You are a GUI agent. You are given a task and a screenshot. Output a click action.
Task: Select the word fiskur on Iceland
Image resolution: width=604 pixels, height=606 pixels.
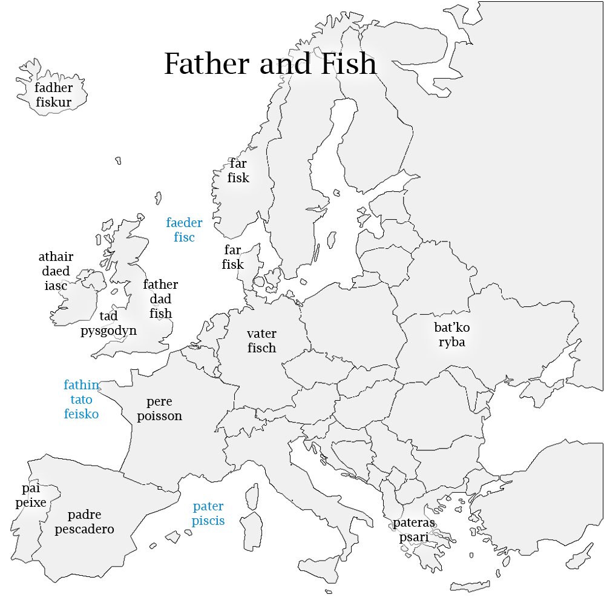click(53, 102)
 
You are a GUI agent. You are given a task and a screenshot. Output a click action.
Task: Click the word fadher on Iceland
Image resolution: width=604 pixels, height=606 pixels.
click(53, 88)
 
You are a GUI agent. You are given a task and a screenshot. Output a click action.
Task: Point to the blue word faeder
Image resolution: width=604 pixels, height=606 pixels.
click(184, 223)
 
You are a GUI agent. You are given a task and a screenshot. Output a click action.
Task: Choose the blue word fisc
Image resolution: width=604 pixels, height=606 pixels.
click(184, 237)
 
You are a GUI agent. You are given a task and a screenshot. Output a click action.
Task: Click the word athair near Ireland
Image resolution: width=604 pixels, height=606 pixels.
click(56, 257)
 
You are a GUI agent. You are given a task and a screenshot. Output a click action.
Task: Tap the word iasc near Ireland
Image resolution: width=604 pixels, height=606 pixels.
click(56, 286)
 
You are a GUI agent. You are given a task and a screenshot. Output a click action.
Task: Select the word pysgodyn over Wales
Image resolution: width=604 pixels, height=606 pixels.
click(109, 331)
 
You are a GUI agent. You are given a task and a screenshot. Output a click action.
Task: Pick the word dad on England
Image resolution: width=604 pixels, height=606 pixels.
click(160, 299)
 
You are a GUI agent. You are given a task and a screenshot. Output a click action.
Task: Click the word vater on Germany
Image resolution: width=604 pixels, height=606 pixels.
click(261, 334)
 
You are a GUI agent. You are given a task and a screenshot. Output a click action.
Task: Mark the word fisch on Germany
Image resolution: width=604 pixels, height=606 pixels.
click(261, 348)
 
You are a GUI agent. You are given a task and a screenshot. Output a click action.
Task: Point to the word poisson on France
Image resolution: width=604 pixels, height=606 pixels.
click(159, 416)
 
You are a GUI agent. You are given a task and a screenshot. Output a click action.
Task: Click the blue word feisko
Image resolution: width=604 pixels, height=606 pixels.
click(81, 414)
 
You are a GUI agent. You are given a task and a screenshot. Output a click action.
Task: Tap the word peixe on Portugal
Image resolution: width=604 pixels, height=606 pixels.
click(31, 502)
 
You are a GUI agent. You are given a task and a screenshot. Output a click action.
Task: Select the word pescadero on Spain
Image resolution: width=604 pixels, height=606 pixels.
click(84, 529)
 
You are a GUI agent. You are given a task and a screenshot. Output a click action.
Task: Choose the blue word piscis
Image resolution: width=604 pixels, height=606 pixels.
click(208, 521)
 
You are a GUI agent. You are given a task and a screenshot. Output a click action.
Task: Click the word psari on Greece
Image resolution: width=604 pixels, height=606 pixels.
click(413, 537)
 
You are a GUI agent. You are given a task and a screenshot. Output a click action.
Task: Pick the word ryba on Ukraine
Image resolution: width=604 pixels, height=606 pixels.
click(451, 342)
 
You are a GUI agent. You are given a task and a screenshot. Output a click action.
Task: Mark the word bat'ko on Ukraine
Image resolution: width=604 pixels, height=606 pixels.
click(451, 328)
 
